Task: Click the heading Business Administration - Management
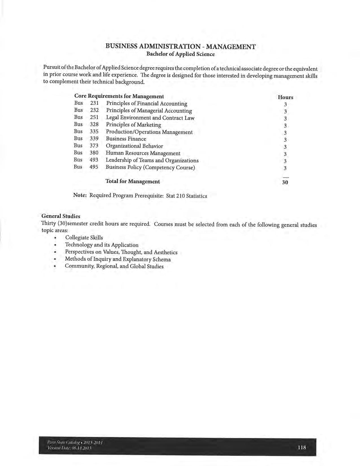(180, 47)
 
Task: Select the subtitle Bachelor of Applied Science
(180, 54)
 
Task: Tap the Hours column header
(285, 97)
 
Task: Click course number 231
(94, 103)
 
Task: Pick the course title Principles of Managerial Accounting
(149, 111)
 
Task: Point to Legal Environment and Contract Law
(150, 118)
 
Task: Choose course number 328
(94, 125)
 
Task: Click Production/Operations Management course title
(149, 132)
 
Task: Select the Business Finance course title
(126, 139)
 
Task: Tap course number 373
(94, 146)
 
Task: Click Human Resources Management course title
(143, 153)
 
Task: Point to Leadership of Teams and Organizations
(152, 160)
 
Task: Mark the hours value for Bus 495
(285, 168)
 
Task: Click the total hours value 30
(285, 182)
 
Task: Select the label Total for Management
(132, 181)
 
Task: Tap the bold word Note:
(80, 195)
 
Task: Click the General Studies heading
(61, 216)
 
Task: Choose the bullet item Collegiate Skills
(84, 238)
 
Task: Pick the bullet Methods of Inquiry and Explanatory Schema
(118, 259)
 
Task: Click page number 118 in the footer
(302, 447)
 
